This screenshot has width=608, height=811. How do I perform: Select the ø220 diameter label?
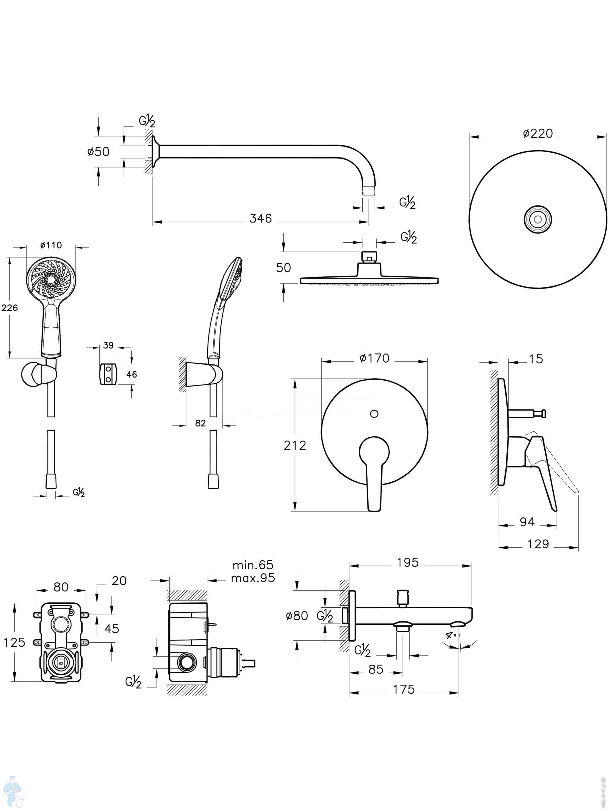point(538,133)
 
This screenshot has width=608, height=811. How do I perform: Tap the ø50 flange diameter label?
point(98,151)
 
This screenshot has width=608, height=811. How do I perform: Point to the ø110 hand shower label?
point(51,245)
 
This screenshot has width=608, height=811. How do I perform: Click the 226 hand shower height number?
point(10,308)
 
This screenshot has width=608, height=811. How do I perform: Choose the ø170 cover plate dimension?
point(374,358)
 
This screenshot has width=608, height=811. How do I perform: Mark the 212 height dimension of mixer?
point(295,445)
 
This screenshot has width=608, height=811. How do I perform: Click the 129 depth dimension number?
point(538,544)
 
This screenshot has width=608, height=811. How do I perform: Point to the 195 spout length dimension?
point(407,562)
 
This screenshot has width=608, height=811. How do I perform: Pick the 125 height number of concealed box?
point(14,642)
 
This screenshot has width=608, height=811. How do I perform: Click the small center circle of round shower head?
point(538,219)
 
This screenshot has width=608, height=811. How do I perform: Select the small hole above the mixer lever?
point(374,414)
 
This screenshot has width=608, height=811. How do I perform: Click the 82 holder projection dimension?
point(200,423)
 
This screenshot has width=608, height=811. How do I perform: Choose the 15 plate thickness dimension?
point(536,359)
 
